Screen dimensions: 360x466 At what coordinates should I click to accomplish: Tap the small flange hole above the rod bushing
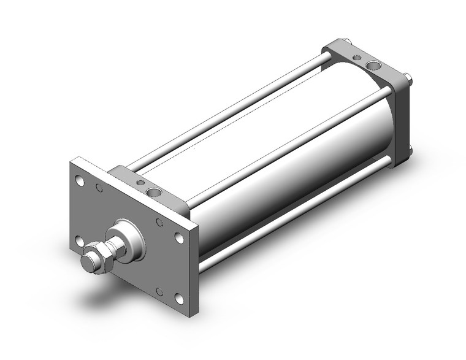pos(159,222)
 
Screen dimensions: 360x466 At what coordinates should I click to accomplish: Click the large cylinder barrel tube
pos(288,153)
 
